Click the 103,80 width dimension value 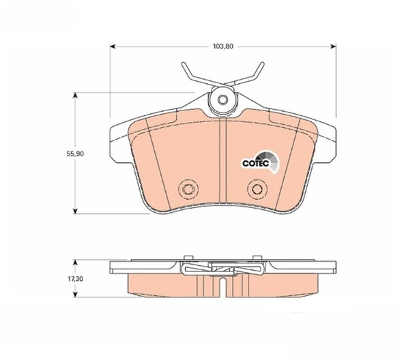223,46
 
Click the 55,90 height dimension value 75,153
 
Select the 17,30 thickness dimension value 75,279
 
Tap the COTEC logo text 256,163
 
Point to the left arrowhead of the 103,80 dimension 113,46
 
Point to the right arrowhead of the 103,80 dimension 334,46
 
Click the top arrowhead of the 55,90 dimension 75,95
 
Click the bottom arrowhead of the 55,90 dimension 75,211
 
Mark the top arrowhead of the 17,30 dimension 75,262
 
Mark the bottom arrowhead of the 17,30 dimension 75,295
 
